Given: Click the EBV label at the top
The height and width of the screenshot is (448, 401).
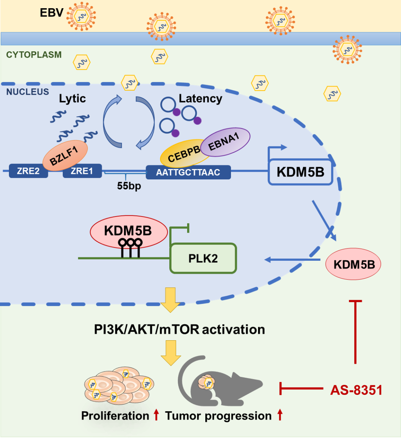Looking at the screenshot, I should (52, 13).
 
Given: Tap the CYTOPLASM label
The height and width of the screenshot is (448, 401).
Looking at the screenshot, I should (34, 55).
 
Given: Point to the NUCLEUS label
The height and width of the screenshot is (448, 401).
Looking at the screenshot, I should (27, 92).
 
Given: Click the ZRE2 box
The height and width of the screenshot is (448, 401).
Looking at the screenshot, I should (28, 171).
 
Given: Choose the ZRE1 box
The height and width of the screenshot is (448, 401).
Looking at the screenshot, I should (82, 171).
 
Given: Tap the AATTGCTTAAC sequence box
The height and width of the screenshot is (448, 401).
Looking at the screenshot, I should (188, 172).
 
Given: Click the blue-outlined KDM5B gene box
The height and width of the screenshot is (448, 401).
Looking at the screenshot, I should (300, 172).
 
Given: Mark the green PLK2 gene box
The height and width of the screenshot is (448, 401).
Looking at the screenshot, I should (203, 259).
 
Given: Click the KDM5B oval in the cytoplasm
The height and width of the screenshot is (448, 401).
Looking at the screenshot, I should (353, 264).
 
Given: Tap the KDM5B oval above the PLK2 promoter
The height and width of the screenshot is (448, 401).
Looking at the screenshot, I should (128, 231).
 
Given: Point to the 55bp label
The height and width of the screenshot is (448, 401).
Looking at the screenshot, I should (129, 185).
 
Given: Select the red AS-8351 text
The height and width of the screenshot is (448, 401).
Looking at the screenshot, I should (356, 390).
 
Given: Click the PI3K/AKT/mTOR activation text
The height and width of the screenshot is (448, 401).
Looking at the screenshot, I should (179, 329).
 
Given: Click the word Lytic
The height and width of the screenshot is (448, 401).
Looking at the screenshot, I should (72, 98).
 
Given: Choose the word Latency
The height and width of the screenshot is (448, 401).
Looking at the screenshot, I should (200, 98).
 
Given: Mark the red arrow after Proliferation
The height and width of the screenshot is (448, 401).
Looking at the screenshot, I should (156, 415).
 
